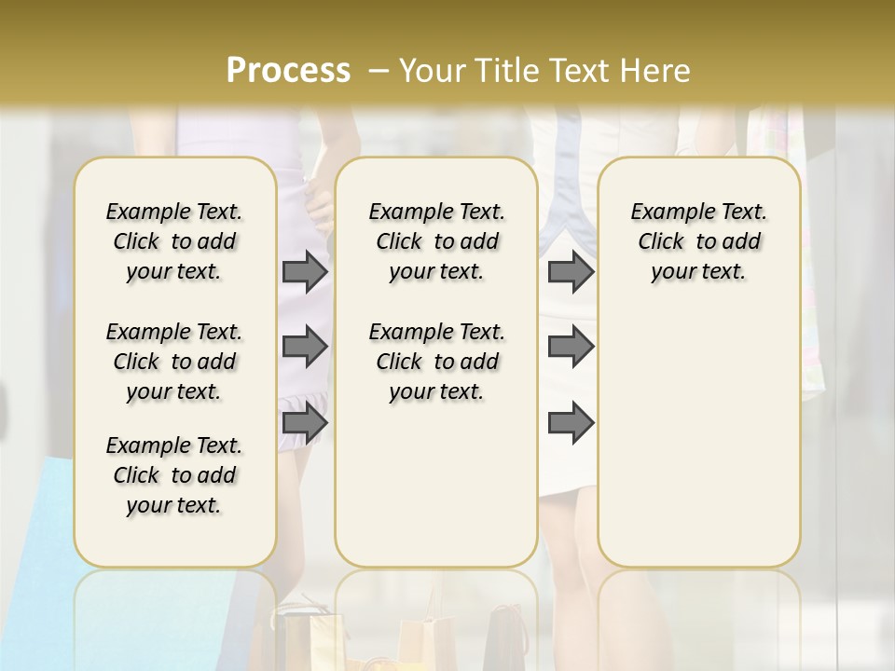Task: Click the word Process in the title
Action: coord(288,71)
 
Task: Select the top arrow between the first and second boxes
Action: coord(305,272)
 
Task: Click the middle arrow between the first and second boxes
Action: coord(305,348)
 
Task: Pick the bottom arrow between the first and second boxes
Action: coord(305,424)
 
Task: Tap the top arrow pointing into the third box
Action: coord(571,272)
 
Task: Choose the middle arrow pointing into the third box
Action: coord(571,348)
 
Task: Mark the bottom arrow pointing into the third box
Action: coord(571,424)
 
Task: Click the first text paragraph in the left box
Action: coord(174,241)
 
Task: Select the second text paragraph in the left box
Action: coord(174,362)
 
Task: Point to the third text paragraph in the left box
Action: coord(174,475)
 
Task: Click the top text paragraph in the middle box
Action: coord(436,241)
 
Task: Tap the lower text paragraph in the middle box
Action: coord(436,362)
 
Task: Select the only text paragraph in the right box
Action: coord(698,241)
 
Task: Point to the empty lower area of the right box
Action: coord(698,438)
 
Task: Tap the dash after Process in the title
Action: coord(378,71)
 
